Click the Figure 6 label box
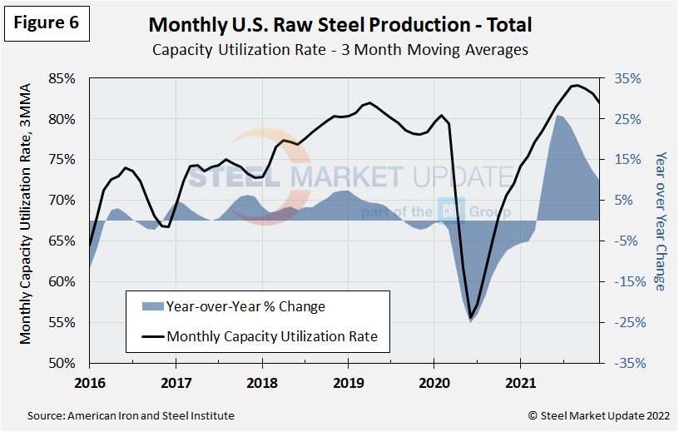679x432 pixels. tap(47, 22)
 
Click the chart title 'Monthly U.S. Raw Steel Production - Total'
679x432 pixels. tap(339, 26)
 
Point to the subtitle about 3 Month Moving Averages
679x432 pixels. tap(339, 50)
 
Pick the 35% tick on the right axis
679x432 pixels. tap(628, 79)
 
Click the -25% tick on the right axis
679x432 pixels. tap(628, 323)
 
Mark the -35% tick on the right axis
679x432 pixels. tap(628, 364)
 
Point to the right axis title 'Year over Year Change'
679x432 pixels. tap(660, 221)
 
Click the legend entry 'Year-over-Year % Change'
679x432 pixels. tap(245, 306)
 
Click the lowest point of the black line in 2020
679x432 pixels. tap(470, 318)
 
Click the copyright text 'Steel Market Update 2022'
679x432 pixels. tap(597, 415)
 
